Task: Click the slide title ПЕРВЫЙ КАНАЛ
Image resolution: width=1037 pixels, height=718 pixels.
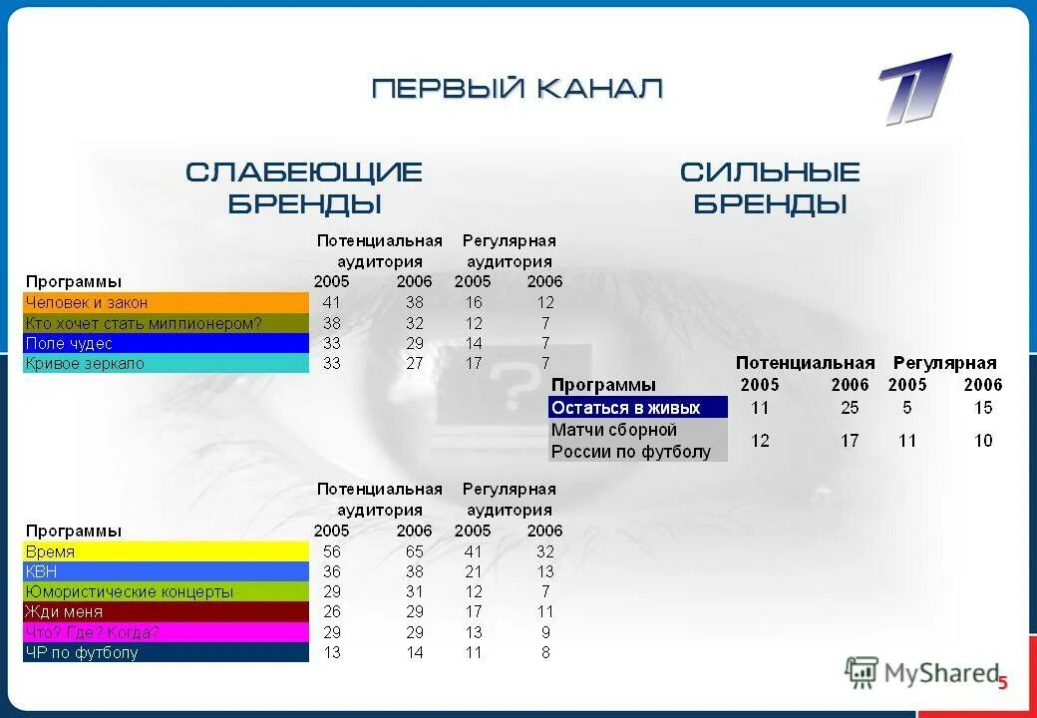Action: [518, 90]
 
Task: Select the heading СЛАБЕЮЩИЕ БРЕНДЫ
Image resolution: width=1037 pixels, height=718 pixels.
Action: [304, 187]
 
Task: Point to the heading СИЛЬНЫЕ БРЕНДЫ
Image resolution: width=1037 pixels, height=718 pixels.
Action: [770, 187]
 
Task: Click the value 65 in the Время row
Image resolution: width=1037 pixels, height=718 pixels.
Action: [414, 551]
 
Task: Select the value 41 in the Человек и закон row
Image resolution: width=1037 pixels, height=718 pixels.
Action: [332, 302]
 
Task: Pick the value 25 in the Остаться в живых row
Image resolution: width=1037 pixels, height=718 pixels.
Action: [850, 408]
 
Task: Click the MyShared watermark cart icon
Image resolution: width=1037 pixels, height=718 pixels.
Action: [862, 673]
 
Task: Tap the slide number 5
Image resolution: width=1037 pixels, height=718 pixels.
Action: [1003, 683]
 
